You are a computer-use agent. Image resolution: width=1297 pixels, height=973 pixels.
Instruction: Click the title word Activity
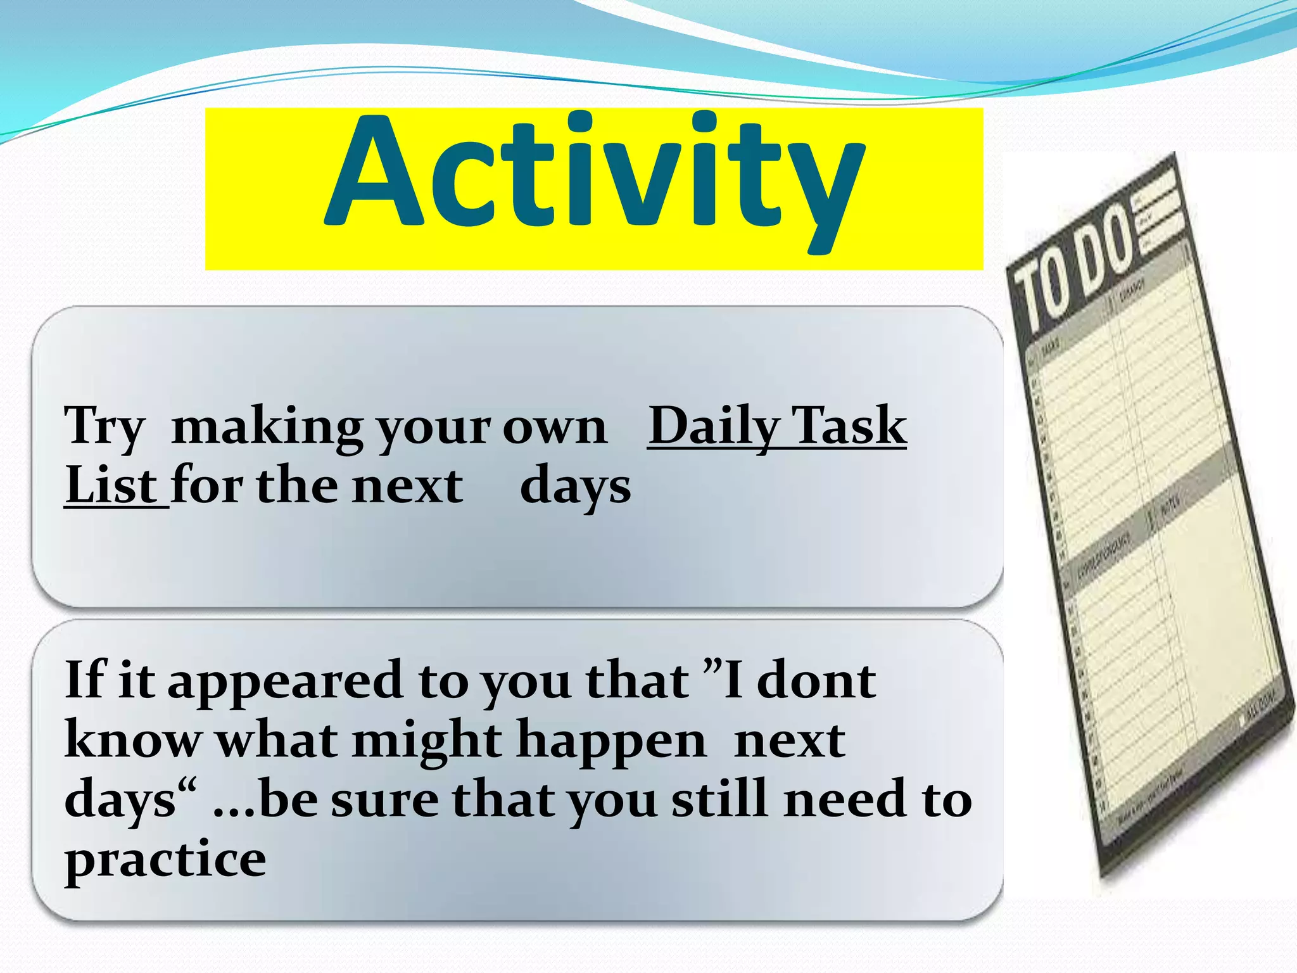(x=594, y=174)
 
